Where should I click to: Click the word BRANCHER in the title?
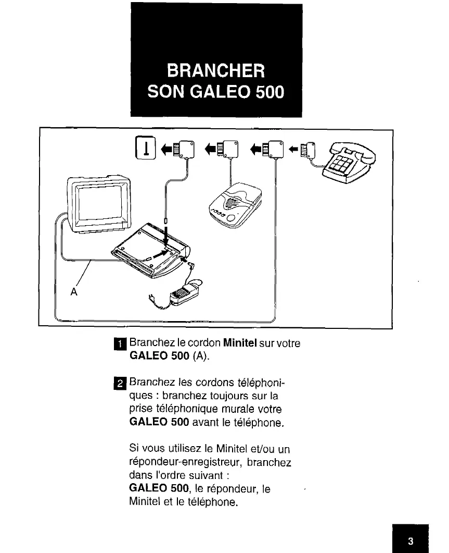(x=216, y=70)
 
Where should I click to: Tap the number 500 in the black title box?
(x=267, y=92)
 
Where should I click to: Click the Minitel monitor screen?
(x=99, y=203)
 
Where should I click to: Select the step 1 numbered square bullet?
(x=120, y=344)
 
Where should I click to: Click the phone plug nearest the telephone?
(x=311, y=151)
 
